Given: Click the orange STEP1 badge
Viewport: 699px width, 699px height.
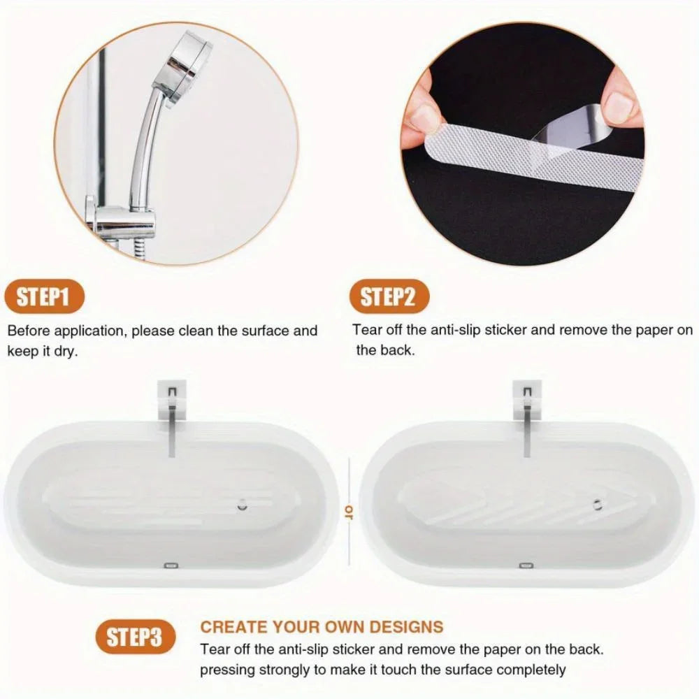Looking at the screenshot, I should point(43,298).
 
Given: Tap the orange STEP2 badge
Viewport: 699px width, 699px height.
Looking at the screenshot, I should point(389,297).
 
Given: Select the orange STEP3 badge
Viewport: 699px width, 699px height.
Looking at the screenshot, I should point(134,637).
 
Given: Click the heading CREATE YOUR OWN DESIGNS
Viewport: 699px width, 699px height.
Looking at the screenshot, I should point(322,626).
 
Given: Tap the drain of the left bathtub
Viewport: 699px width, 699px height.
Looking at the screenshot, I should point(242,505).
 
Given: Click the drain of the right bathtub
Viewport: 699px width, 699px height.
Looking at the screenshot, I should point(596,504).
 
